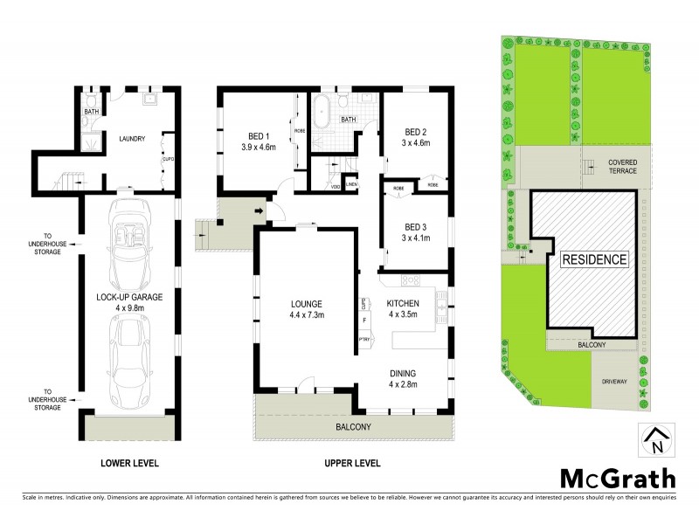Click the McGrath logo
617,478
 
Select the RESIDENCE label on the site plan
594,259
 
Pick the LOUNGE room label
307,303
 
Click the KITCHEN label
403,303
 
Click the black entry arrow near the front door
260,210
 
